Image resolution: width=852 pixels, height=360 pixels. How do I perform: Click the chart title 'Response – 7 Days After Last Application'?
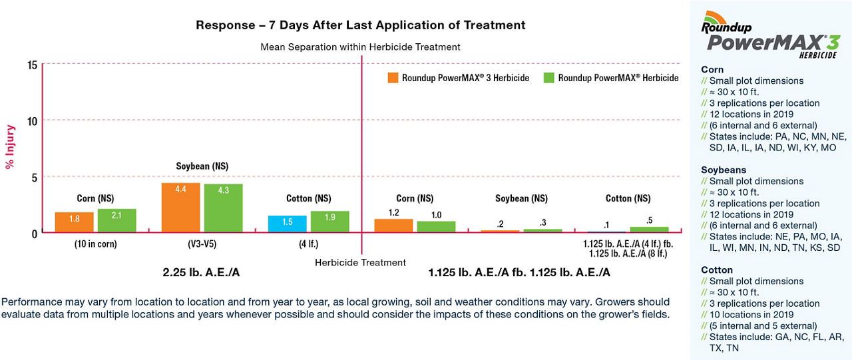[360, 25]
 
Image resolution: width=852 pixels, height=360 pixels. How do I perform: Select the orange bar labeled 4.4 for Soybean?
[180, 207]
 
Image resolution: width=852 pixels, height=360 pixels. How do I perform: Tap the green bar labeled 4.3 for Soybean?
[223, 208]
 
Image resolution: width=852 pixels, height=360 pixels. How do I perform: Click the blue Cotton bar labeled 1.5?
[287, 224]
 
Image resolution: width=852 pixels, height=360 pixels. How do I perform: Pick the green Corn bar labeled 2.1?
[116, 220]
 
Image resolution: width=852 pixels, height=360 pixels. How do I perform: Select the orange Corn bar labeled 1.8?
[74, 222]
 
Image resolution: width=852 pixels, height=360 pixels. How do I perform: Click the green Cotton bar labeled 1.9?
[329, 222]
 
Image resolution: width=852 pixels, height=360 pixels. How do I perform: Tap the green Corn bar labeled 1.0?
[436, 226]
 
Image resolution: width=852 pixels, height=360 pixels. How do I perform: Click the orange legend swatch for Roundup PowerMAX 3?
[393, 78]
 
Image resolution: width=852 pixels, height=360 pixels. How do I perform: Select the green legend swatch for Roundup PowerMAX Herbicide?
[549, 78]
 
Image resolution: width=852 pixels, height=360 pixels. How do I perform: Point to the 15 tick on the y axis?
[32, 65]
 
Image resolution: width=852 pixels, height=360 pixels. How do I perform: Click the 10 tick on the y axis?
[32, 120]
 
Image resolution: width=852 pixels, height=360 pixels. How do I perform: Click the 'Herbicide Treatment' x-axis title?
[360, 262]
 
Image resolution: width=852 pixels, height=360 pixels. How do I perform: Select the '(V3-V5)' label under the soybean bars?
[202, 244]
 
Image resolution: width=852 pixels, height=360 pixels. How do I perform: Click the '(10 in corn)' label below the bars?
[95, 244]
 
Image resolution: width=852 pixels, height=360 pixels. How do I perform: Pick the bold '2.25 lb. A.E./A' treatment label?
[202, 273]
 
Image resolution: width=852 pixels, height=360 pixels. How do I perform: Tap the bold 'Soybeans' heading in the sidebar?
[723, 170]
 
